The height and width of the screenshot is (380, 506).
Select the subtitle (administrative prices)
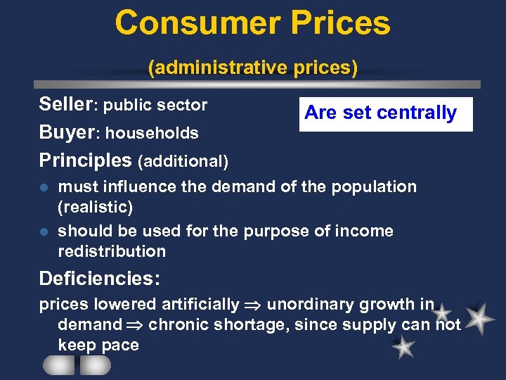253,68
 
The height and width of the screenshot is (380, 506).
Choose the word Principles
85,160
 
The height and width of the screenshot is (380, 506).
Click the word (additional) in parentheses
183,162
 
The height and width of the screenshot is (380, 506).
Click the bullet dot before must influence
44,188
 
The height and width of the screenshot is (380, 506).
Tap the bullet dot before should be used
44,232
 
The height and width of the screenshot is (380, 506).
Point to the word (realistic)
95,208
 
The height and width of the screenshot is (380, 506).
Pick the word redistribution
112,251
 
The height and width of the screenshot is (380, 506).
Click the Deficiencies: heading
100,279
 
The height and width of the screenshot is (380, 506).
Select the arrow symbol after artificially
252,305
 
